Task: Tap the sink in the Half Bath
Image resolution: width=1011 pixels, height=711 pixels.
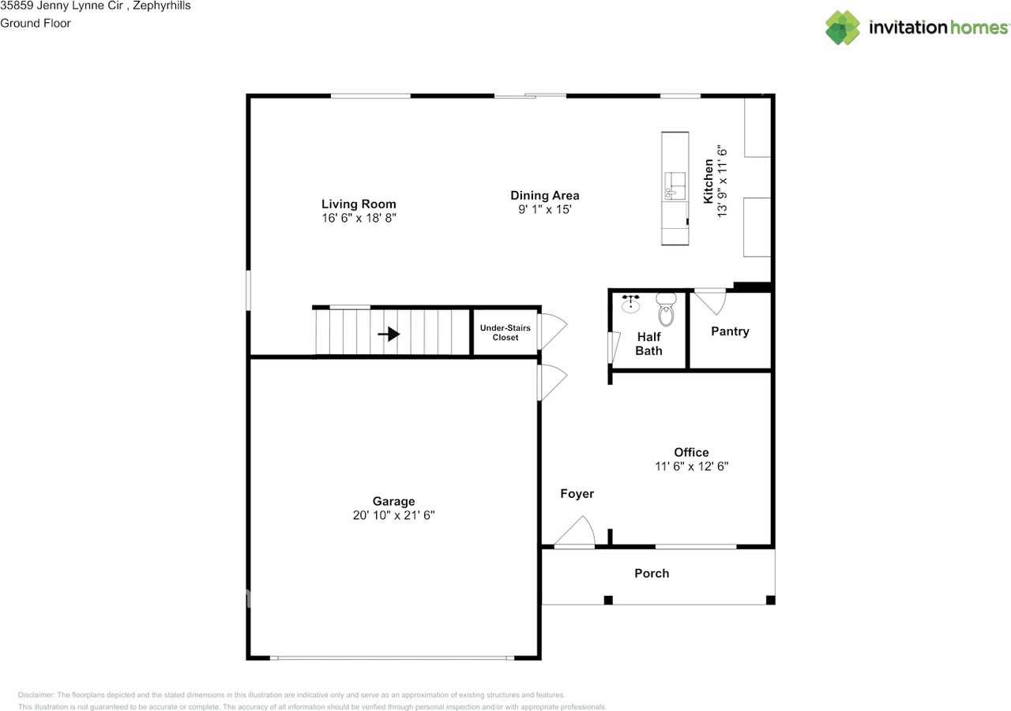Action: coord(631,304)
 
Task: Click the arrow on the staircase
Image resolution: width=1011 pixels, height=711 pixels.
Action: coord(389,335)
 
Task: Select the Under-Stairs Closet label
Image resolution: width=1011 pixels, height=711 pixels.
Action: coord(505,332)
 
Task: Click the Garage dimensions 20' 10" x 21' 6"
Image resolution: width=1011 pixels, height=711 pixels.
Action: coord(394,515)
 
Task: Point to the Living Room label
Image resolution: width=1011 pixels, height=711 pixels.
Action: coord(359,204)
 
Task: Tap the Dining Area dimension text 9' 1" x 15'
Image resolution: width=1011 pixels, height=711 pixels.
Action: coord(544,210)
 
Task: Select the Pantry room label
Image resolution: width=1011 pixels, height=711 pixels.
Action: coord(730,331)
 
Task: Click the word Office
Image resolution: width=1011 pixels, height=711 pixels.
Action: coord(691,452)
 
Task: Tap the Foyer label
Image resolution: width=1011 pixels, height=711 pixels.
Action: coord(577,494)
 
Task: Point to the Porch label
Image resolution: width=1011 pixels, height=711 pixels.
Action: coord(652,574)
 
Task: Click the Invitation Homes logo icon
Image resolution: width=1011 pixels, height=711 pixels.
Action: coord(843,28)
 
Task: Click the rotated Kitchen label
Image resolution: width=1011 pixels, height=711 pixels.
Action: coord(709,181)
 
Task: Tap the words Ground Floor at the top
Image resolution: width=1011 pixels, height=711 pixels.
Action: coord(36,23)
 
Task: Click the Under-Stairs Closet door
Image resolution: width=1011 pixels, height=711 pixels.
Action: coord(551,332)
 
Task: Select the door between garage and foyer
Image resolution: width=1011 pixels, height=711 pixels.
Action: coord(551,383)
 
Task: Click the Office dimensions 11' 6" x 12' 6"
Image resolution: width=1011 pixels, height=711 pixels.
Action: coord(691,466)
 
